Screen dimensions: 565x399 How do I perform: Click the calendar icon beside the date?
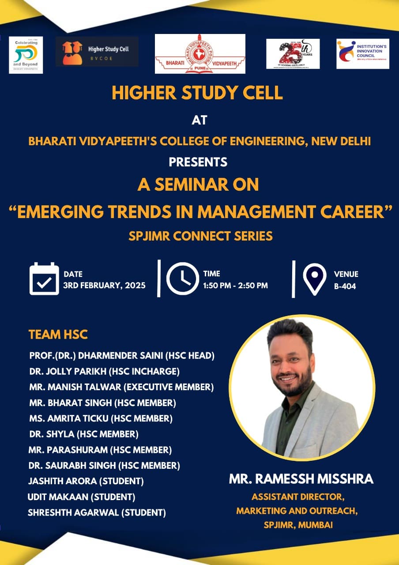click(44, 279)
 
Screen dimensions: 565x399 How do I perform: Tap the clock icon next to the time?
click(182, 279)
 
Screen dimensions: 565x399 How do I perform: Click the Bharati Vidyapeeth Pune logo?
click(200, 54)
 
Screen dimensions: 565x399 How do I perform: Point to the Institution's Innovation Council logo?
click(363, 54)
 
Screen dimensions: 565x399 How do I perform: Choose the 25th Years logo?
click(293, 54)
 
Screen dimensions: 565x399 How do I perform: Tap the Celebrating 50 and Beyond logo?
click(26, 55)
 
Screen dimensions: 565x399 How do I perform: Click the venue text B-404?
click(345, 286)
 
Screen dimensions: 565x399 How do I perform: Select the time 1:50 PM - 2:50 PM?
click(235, 285)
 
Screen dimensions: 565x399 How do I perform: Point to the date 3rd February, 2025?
click(104, 285)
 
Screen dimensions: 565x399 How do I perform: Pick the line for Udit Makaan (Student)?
click(81, 497)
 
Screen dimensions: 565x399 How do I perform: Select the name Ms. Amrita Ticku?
click(67, 418)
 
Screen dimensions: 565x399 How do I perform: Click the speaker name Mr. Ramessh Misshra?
click(301, 479)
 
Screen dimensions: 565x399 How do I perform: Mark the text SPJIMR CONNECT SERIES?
click(200, 236)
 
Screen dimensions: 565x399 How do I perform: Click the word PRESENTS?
click(198, 162)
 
